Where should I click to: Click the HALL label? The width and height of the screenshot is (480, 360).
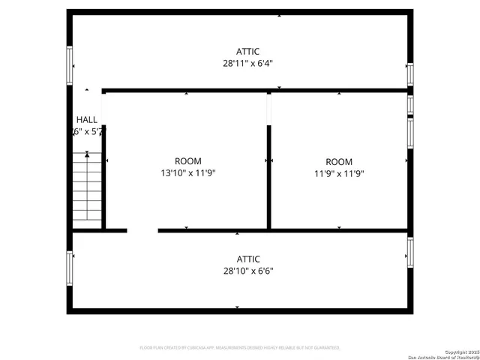click(x=87, y=119)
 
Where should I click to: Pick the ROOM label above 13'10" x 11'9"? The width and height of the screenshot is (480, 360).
click(x=187, y=161)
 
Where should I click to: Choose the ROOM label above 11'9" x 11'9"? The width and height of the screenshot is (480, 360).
click(x=339, y=162)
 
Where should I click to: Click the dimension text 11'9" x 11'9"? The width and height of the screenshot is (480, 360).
click(x=339, y=174)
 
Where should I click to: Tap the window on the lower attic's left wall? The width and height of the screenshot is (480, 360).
click(x=70, y=268)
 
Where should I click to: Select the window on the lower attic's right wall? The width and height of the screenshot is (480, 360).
click(x=410, y=251)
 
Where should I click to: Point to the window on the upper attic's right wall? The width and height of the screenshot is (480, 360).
click(x=410, y=73)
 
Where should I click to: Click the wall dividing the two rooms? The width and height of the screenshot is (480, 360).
click(x=269, y=176)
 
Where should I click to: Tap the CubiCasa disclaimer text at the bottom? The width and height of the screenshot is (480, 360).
click(x=240, y=348)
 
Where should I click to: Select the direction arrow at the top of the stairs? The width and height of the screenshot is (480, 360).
click(x=87, y=154)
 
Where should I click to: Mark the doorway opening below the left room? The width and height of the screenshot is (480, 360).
click(x=142, y=230)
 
